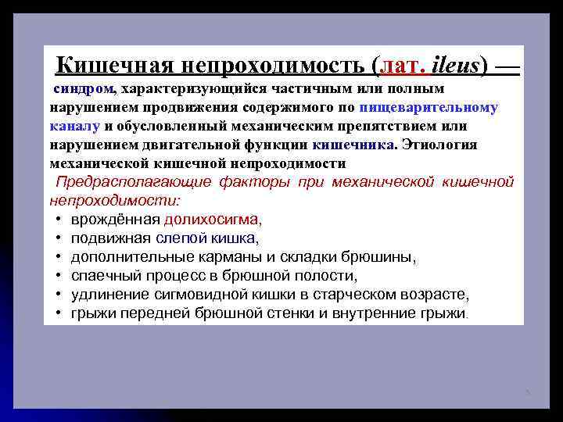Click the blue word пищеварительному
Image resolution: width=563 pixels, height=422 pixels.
point(429,107)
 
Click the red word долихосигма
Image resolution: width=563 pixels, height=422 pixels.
point(211,220)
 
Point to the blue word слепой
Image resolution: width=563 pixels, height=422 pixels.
point(179,238)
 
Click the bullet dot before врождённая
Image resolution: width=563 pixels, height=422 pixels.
point(59,220)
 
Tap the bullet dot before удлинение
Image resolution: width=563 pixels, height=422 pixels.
point(59,295)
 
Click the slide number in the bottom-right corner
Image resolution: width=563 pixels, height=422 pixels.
point(528,391)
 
